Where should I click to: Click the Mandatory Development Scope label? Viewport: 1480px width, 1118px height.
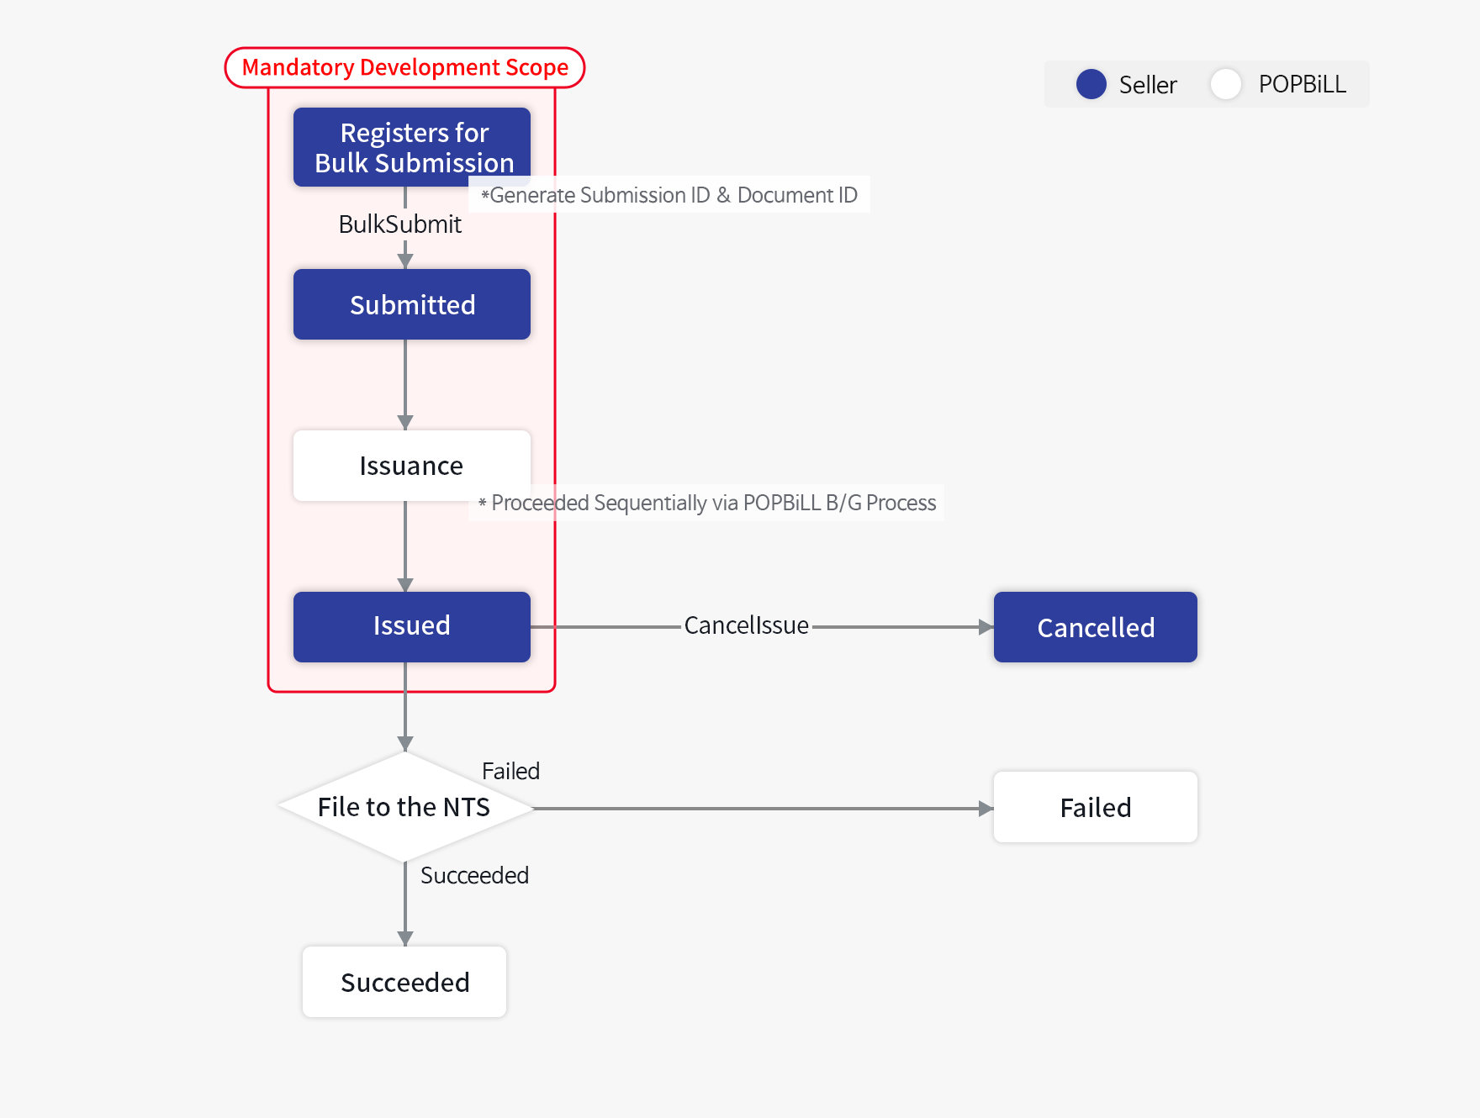tap(404, 67)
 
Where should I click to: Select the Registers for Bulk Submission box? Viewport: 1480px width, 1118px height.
tap(411, 146)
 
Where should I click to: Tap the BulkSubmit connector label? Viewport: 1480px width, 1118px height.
tap(399, 224)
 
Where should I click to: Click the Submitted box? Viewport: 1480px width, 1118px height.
tap(411, 304)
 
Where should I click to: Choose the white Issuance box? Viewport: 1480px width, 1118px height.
tap(411, 466)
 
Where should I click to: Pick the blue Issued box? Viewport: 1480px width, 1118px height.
tap(411, 626)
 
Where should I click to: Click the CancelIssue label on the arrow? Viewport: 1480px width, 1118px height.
tap(746, 625)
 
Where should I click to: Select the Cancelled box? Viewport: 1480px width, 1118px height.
tap(1095, 627)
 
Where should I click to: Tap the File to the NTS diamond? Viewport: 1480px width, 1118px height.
tap(404, 807)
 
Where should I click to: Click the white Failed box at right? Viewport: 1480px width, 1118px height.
tap(1095, 807)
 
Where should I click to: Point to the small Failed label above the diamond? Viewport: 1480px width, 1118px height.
tap(510, 771)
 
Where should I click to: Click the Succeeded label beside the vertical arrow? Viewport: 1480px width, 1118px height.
tap(474, 875)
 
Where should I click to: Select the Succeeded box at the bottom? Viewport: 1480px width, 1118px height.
tap(404, 982)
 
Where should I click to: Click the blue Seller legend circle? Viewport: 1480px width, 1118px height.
tap(1091, 84)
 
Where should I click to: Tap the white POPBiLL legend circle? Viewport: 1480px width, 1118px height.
tap(1225, 84)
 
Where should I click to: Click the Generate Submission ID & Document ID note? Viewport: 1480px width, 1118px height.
tap(669, 195)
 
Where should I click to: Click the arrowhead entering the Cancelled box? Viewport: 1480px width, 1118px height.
tap(986, 627)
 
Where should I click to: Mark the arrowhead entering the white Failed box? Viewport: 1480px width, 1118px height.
tap(986, 809)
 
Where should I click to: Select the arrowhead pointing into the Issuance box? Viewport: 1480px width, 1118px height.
tap(405, 422)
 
